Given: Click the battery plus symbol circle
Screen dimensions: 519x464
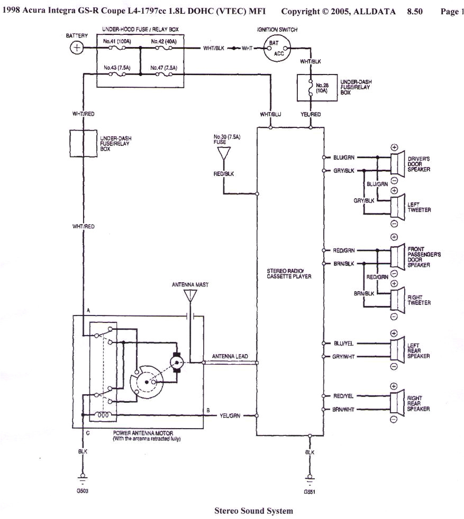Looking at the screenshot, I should tap(77, 48).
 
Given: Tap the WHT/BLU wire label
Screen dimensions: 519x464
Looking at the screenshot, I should tap(270, 114).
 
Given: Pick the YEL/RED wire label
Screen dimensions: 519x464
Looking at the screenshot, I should tap(311, 114).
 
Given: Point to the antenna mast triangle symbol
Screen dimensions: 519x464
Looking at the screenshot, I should tap(190, 296).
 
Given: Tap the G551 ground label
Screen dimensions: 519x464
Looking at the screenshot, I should tap(310, 491).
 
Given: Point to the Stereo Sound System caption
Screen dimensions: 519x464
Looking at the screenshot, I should tap(253, 511).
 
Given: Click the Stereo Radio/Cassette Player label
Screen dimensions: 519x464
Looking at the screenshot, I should tap(289, 273).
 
